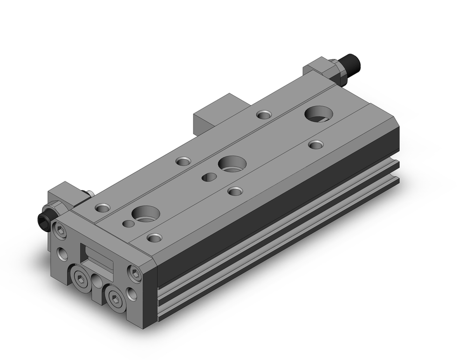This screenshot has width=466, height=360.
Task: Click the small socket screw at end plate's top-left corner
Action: click(59, 229)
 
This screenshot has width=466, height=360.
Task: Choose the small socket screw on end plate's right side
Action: click(134, 273)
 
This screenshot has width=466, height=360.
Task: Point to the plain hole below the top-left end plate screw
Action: click(62, 254)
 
